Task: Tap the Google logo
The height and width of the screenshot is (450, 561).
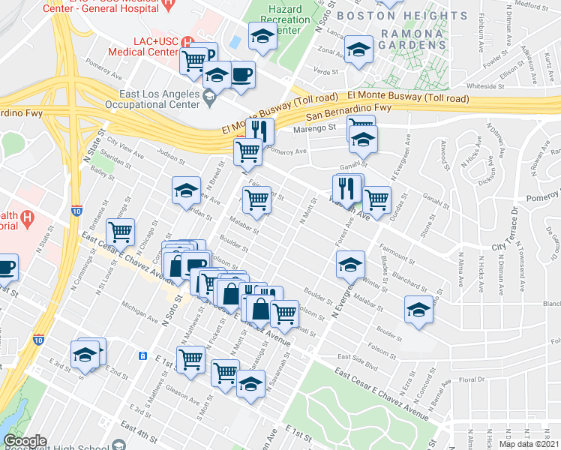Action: click(x=24, y=441)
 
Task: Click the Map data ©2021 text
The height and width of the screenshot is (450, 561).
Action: click(x=529, y=444)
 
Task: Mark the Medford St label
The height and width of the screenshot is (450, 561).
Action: click(x=533, y=7)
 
